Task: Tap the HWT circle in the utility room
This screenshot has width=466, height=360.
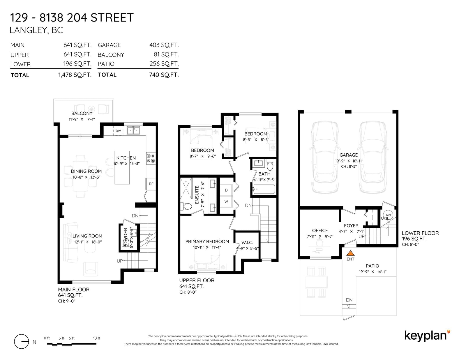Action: click(x=388, y=215)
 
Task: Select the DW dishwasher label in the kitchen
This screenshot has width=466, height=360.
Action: click(x=118, y=131)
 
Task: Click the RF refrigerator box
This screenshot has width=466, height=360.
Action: click(x=151, y=184)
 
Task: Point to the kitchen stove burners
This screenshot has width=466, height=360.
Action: click(x=151, y=158)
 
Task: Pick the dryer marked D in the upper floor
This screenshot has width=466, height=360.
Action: click(x=226, y=190)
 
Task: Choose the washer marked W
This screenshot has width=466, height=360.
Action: click(x=226, y=201)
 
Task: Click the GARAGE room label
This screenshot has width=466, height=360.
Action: click(x=349, y=155)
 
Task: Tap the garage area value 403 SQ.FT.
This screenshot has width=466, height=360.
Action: click(x=164, y=45)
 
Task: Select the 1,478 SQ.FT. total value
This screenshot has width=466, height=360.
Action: click(x=75, y=75)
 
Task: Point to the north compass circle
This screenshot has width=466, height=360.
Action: click(x=22, y=341)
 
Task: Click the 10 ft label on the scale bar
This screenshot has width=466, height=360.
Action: click(x=96, y=338)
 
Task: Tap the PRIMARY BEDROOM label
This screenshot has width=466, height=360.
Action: click(x=207, y=242)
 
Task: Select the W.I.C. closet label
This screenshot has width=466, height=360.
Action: click(x=247, y=243)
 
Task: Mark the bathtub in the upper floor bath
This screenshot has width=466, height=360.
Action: click(x=264, y=189)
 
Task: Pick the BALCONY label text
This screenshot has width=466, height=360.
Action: click(x=82, y=114)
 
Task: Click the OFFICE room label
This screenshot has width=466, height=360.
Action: click(x=320, y=230)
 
